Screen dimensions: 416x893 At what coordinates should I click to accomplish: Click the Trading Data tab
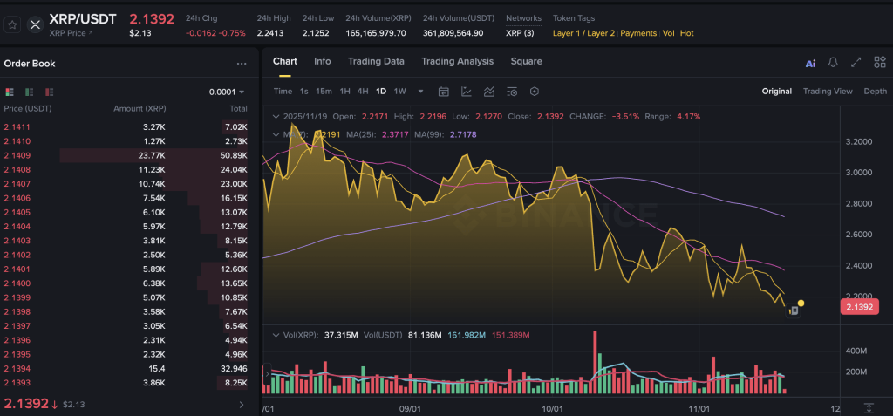376,61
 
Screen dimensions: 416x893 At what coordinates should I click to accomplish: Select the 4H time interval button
362,92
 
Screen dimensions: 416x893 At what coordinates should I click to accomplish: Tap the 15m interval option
324,92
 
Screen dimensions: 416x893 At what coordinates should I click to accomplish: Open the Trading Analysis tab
457,61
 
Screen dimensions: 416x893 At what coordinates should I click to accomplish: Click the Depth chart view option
875,92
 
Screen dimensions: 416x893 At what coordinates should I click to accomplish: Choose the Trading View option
827,92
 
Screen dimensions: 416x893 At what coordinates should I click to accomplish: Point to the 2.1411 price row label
17,127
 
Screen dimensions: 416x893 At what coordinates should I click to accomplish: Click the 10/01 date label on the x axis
550,408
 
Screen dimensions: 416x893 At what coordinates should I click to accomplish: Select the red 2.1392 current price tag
859,307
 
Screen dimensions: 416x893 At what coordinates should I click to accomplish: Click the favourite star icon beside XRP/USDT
13,24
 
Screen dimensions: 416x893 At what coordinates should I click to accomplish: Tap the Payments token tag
638,33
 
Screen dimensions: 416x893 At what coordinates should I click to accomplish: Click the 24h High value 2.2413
269,33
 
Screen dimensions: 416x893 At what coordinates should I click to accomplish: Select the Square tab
526,61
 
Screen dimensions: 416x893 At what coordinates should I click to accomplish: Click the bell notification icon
833,63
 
